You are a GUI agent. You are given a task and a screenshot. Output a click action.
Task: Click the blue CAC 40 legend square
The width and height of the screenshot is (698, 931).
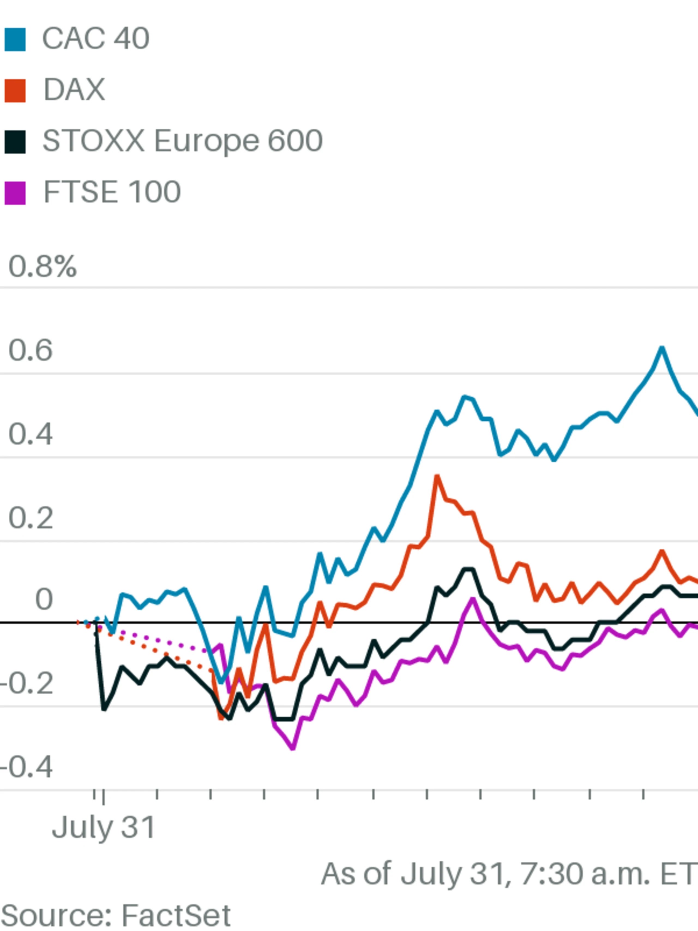(15, 40)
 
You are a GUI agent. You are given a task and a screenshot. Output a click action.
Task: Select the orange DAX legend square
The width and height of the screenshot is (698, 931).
(15, 91)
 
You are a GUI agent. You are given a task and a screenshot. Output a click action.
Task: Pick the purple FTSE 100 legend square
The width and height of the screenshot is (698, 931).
(15, 193)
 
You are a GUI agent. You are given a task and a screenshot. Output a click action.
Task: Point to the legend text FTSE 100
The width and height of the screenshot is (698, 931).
(112, 192)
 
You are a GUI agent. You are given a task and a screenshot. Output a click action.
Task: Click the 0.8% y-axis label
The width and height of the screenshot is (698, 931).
(43, 267)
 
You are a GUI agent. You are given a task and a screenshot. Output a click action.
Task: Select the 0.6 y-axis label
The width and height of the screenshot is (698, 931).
(31, 350)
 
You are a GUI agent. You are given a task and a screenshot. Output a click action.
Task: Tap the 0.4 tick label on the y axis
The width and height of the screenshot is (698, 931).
(31, 434)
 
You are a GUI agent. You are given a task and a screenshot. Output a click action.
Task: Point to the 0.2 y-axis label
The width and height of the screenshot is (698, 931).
(31, 518)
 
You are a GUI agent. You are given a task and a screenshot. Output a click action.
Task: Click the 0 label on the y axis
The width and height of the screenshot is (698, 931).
(44, 599)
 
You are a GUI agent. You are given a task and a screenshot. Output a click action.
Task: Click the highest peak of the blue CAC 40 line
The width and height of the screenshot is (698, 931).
(662, 348)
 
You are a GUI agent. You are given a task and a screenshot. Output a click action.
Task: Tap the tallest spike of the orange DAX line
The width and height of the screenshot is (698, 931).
(437, 477)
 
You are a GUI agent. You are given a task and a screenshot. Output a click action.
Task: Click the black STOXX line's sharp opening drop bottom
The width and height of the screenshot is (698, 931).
(104, 710)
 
